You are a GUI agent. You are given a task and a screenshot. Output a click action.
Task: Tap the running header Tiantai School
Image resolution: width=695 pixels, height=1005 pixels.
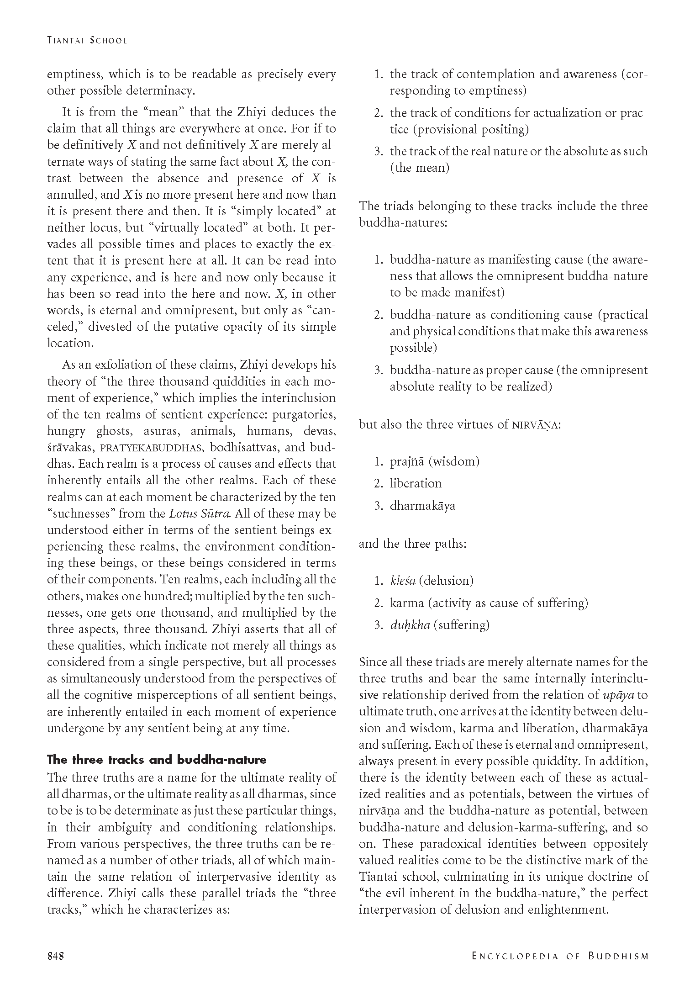pos(87,40)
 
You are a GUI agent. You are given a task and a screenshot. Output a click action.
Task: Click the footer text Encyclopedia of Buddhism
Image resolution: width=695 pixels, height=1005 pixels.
pos(560,956)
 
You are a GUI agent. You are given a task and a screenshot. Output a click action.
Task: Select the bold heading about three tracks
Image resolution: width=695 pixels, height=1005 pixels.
pos(157,760)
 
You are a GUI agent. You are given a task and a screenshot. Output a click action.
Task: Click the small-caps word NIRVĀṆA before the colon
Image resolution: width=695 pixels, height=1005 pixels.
pos(534,425)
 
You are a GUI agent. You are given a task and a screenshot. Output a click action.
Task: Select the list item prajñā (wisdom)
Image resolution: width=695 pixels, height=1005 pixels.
pos(434,461)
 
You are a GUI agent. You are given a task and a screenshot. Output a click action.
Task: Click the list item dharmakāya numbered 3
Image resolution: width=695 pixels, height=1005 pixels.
pos(422,506)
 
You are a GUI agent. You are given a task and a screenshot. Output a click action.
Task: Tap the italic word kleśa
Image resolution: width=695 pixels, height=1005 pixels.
pos(402,581)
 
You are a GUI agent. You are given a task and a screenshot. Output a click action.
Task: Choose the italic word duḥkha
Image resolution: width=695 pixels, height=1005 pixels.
pos(410,625)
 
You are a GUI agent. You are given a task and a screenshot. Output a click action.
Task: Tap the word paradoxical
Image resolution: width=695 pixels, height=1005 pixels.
pos(454,844)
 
